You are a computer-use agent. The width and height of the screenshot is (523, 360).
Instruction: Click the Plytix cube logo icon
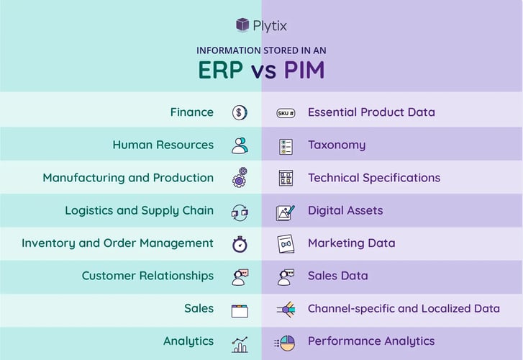[243, 24]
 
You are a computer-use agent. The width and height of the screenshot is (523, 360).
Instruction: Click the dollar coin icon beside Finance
[240, 112]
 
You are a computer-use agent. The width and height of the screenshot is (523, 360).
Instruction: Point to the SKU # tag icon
[286, 113]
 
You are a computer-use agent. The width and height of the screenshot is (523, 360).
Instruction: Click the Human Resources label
[163, 145]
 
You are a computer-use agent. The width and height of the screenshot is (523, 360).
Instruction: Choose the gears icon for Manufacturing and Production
[240, 178]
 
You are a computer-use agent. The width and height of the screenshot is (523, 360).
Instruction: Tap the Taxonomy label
[337, 145]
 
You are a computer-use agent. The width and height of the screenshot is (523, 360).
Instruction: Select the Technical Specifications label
[374, 178]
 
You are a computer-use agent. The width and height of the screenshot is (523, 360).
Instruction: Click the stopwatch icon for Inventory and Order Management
[240, 244]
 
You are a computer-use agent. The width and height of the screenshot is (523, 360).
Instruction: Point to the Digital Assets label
[345, 211]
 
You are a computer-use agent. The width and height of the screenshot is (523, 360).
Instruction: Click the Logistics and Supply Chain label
[139, 211]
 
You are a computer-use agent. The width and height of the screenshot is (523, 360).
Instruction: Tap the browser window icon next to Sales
[240, 310]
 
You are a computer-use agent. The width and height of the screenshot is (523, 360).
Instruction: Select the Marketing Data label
[351, 243]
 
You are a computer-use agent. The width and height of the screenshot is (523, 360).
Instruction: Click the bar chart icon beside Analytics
[240, 343]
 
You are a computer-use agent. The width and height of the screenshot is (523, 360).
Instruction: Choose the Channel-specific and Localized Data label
[404, 309]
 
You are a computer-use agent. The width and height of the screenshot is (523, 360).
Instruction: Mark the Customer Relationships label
[147, 276]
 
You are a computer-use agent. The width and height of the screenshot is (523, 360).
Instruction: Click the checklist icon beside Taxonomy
[286, 146]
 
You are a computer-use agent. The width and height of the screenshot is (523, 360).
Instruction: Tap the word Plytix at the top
[270, 26]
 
